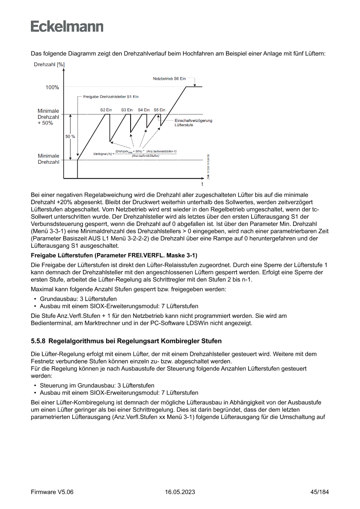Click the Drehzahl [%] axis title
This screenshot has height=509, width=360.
pyautogui.click(x=49, y=64)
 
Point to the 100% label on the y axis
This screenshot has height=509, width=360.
pyautogui.click(x=52, y=88)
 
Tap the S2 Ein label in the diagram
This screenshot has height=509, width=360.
pyautogui.click(x=106, y=110)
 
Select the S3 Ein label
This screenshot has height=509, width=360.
pyautogui.click(x=127, y=110)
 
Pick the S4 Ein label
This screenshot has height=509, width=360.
pyautogui.click(x=144, y=110)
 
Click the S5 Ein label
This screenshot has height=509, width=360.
pyautogui.click(x=159, y=110)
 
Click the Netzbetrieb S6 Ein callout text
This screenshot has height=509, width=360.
pyautogui.click(x=169, y=79)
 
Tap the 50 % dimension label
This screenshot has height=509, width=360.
pyautogui.click(x=70, y=137)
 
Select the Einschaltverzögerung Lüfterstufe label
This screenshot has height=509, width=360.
pyautogui.click(x=193, y=122)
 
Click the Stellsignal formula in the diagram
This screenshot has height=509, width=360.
pyautogui.click(x=135, y=153)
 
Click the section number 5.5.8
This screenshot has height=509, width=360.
pyautogui.click(x=39, y=340)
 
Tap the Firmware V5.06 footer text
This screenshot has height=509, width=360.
pyautogui.click(x=52, y=492)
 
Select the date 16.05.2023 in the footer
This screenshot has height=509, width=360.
pyautogui.click(x=180, y=492)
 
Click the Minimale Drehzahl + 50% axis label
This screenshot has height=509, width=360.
pyautogui.click(x=48, y=117)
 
